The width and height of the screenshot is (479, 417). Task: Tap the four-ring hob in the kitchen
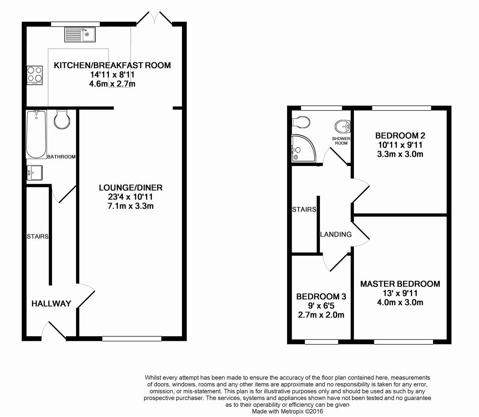34,75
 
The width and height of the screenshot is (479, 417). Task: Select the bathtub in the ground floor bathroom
36,134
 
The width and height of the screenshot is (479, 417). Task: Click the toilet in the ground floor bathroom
62,119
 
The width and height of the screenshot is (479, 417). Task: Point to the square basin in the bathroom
35,172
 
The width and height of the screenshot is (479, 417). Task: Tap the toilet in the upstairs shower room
301,122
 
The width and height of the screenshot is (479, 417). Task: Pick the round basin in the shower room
343,126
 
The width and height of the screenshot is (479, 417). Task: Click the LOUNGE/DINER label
131,188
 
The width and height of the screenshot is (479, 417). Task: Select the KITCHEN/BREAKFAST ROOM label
112,65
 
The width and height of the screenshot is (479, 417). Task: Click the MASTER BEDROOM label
400,284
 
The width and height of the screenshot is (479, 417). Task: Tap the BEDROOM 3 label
321,297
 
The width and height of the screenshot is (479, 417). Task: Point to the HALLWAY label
51,303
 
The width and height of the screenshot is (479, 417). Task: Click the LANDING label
336,234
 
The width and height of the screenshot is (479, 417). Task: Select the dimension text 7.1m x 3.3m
131,206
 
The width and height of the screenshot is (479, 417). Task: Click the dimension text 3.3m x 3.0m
400,154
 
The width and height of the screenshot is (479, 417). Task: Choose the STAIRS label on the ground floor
37,236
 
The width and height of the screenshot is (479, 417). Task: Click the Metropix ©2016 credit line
287,412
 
